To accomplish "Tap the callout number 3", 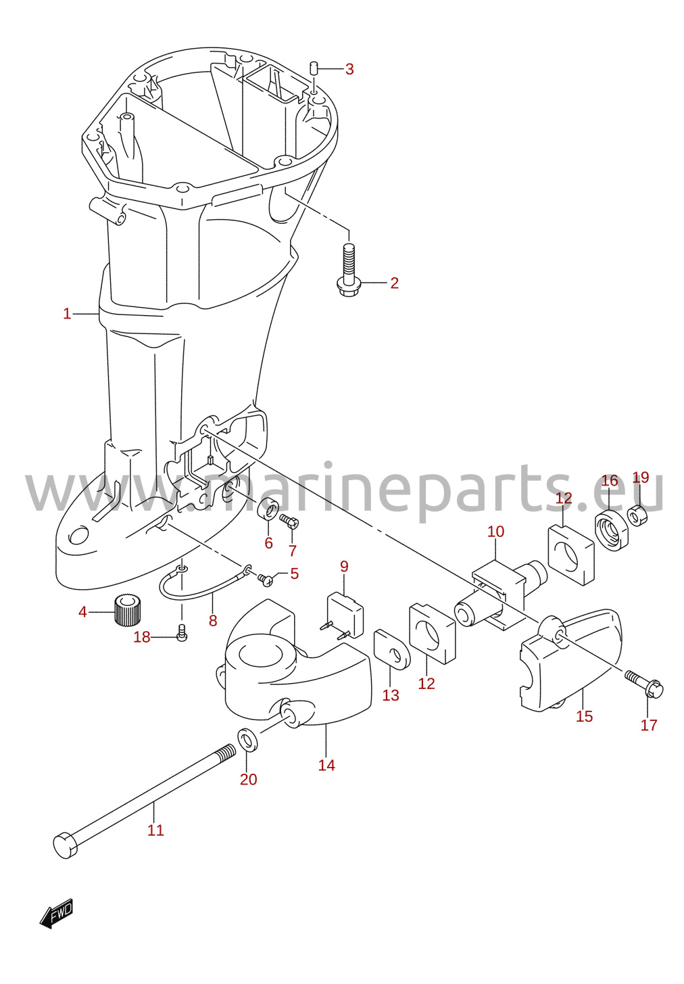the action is coord(349,69).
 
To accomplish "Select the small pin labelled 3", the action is coord(314,68).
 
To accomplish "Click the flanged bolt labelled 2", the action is coord(347,269).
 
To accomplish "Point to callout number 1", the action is coord(67,314).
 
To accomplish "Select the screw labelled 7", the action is coord(291,521).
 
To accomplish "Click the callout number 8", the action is coord(212,620).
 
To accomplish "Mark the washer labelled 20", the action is coord(247,741).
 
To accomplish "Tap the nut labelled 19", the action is coord(637,515).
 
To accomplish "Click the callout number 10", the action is coord(495,532).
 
